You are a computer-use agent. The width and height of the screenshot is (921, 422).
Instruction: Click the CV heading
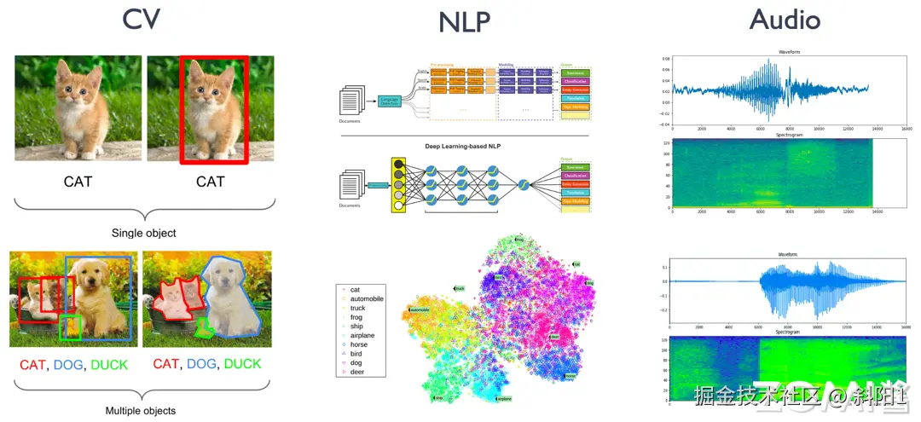coord(142,19)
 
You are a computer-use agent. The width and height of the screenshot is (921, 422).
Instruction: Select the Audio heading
coord(785,19)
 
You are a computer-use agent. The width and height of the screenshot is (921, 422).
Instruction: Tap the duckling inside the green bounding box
coord(72,326)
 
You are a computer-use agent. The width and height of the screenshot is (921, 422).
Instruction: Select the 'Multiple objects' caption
coord(140,411)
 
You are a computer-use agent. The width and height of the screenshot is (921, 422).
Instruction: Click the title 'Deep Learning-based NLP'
coord(466,147)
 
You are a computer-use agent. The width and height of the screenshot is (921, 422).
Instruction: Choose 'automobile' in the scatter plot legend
coord(367,299)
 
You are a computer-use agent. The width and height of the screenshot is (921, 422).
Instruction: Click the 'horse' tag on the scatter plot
coord(570,376)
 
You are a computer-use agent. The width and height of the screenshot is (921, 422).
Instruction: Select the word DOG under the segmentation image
coord(201,364)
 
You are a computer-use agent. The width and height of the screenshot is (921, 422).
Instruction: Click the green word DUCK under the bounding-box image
coord(109,365)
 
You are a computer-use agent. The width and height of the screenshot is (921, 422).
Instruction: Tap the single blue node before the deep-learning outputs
coord(523,185)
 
